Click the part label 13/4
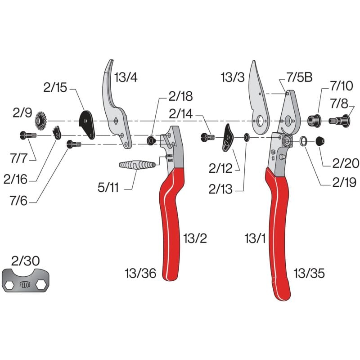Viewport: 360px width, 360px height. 125,77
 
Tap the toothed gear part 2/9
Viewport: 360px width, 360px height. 41,121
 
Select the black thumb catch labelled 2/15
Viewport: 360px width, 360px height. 87,124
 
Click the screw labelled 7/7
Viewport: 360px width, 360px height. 27,135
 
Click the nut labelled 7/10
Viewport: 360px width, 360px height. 313,120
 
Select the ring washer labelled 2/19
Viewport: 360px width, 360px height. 304,141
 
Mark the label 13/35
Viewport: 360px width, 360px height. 309,272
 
